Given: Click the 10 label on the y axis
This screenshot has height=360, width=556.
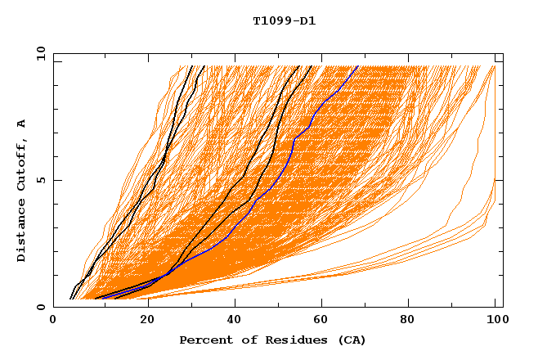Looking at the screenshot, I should tap(40, 54).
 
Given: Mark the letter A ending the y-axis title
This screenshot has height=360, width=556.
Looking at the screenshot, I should tap(21, 124).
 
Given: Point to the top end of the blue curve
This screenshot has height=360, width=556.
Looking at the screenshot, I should tap(357, 66).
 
